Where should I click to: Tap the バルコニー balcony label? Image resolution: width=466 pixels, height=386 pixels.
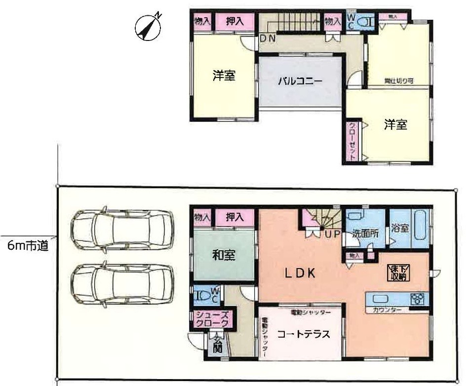coord(299,81)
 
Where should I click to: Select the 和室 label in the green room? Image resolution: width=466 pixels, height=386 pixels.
coord(224,255)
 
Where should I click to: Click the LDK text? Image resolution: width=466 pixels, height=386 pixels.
coord(299,273)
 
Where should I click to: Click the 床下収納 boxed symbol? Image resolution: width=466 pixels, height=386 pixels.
coord(398,272)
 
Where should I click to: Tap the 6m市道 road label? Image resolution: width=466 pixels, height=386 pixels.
coord(28,245)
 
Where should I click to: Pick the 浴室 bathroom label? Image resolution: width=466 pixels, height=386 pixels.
coord(399,230)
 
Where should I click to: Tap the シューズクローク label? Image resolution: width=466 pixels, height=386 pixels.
coord(211,319)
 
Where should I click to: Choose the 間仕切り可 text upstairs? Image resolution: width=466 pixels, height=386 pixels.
coord(399,80)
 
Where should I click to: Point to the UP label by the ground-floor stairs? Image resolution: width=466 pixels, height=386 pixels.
coord(332,234)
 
